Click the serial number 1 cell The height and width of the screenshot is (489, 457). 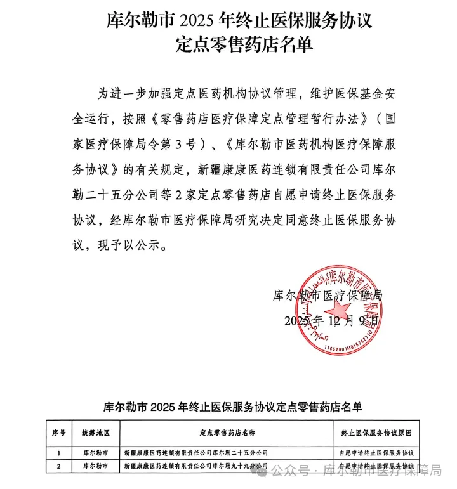point(59,453)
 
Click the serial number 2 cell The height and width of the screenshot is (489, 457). point(59,466)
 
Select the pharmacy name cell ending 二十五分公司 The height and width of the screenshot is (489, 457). point(196,453)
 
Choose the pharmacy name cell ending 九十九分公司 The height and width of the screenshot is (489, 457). point(196,466)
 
